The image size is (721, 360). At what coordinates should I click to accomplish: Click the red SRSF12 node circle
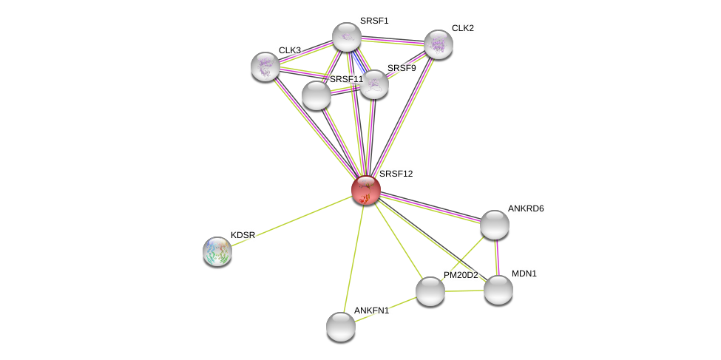pos(365,190)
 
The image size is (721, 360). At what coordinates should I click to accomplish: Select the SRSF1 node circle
pos(346,37)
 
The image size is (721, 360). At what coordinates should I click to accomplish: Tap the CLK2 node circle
pos(438,44)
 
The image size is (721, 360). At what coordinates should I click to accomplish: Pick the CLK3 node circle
pos(265,67)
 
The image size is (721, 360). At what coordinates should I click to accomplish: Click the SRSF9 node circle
pos(374,84)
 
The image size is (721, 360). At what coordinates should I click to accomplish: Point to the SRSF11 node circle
pos(317,95)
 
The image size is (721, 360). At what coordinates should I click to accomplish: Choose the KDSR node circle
pos(217,251)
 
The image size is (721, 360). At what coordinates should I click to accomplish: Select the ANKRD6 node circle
pos(494,225)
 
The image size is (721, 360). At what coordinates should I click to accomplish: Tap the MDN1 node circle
pos(498,290)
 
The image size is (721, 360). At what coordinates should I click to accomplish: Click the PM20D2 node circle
pos(430,291)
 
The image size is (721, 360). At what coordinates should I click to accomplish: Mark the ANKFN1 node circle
pos(341,327)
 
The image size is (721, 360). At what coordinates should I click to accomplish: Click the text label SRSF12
pos(396,174)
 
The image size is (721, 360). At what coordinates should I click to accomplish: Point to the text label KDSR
pos(243,235)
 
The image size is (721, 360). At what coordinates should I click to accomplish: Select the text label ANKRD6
pos(525,208)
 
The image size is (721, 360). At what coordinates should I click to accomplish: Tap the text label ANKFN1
pos(371,310)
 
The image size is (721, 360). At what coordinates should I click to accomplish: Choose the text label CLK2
pos(463,28)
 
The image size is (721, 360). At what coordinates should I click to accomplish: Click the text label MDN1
pos(524,274)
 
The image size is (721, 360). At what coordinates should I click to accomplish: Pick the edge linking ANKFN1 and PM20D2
pos(385,309)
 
